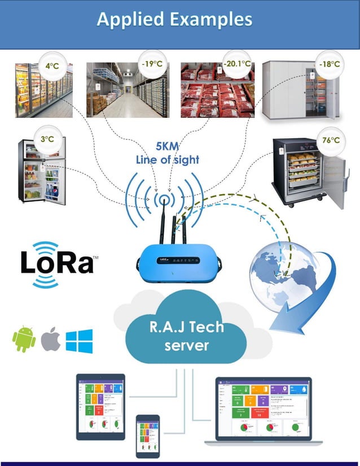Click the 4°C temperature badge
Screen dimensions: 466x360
click(x=52, y=66)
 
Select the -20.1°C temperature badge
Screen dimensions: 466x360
click(x=236, y=64)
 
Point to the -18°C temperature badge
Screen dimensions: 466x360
click(x=328, y=64)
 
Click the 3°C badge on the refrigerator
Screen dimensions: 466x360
click(x=43, y=138)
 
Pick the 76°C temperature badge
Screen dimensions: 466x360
click(x=331, y=139)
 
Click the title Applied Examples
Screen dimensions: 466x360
click(x=174, y=19)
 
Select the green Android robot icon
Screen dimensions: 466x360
click(x=24, y=340)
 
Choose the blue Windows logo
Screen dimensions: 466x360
click(x=79, y=341)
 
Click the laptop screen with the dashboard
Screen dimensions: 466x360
click(x=262, y=408)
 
